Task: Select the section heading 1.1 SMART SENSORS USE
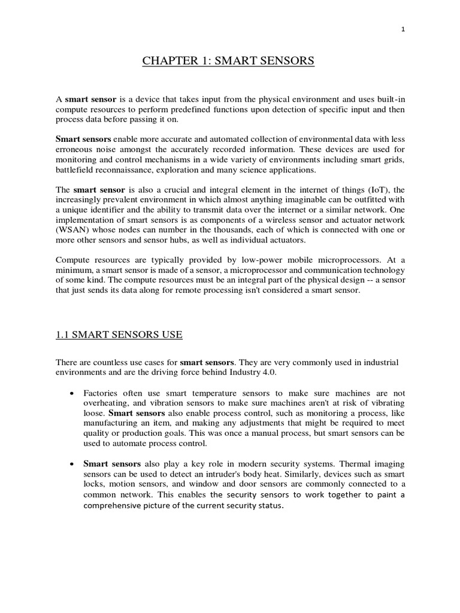click(x=119, y=334)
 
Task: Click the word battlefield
click(x=74, y=170)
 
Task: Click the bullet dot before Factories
click(x=72, y=393)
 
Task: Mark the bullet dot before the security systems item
click(x=72, y=464)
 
